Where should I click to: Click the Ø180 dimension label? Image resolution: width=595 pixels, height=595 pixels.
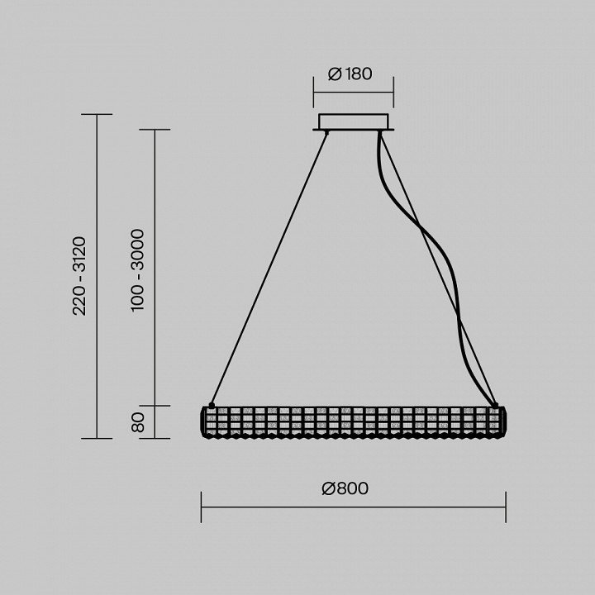point(350,74)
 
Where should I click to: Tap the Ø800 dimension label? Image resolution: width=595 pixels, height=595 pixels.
point(345,488)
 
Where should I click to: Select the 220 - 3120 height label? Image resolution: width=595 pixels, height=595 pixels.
point(79,276)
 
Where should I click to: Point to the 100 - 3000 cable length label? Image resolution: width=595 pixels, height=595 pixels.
point(137,269)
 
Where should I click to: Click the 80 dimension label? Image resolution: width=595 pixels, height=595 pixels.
point(138,422)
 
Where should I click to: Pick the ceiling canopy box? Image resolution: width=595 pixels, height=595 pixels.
point(354,122)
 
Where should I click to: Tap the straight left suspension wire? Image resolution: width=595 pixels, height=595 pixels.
point(269,269)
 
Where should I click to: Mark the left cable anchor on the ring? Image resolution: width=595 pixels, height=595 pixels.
point(212,406)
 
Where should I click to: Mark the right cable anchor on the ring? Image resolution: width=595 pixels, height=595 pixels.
point(495,406)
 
